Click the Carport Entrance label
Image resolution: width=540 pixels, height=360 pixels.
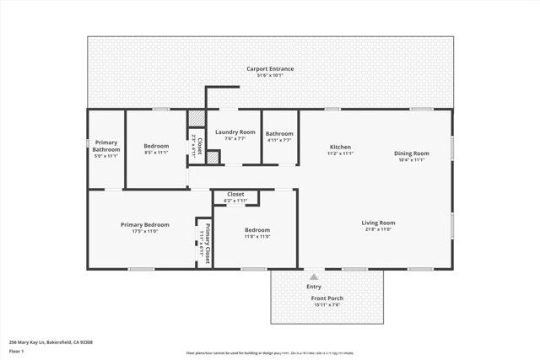[270, 68]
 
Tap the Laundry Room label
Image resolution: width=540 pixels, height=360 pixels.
[235, 132]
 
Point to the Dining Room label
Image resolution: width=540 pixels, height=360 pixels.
[412, 153]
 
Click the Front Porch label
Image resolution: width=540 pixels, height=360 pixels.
[326, 298]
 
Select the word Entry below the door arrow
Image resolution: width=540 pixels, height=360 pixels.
[314, 287]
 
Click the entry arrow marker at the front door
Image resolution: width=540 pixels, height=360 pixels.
[314, 276]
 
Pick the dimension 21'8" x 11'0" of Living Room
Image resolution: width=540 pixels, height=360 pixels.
[379, 229]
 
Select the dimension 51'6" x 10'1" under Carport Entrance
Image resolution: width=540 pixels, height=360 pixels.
[270, 75]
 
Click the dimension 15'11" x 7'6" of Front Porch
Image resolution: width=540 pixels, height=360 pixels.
[326, 305]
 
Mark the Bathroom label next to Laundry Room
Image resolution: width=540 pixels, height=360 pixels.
[279, 133]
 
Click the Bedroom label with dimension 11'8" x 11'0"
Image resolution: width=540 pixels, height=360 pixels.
[257, 230]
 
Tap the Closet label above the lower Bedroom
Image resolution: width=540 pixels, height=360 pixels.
[235, 194]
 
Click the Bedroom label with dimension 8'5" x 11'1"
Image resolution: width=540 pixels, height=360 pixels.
[156, 146]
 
